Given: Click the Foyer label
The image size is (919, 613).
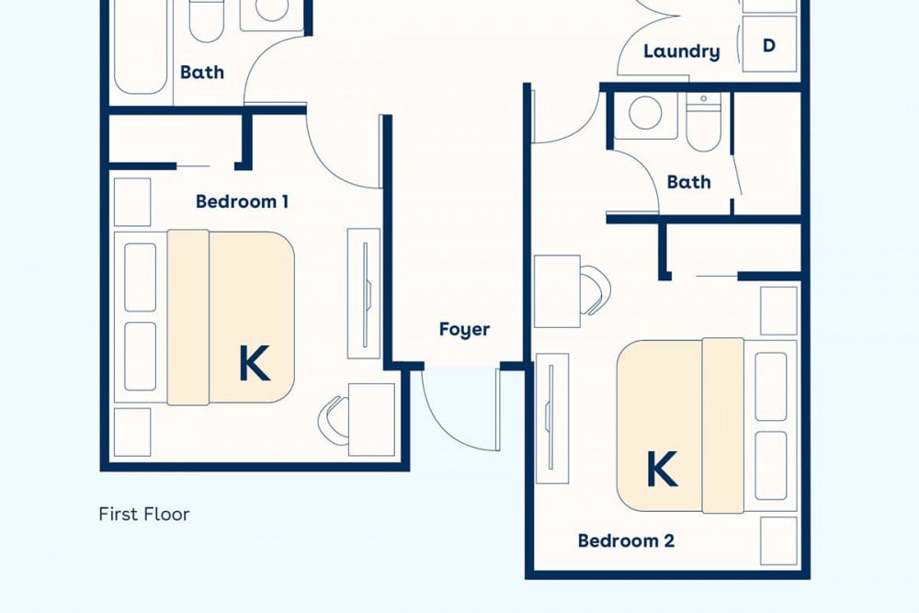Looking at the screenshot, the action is (x=464, y=329).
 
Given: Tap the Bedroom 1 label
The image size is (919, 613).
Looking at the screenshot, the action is (x=242, y=201).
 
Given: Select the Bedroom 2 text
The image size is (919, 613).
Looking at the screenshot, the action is (x=626, y=540).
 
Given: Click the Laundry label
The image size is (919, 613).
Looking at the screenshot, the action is (x=682, y=51).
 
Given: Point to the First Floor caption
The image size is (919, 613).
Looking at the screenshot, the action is (x=144, y=514).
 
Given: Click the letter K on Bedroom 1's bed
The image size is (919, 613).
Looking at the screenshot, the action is (x=255, y=363).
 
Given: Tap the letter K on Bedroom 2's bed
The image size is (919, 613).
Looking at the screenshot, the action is (x=663, y=469).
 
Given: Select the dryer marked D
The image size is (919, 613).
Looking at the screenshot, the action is (x=769, y=44).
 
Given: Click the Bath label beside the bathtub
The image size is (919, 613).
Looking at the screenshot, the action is (x=202, y=72).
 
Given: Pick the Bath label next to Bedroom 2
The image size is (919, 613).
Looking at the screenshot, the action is (x=688, y=182).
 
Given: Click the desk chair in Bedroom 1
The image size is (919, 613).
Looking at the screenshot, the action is (x=332, y=420).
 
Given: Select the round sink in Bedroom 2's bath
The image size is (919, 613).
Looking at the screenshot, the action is (x=645, y=114).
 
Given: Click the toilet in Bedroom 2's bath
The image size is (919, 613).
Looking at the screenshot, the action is (x=703, y=123).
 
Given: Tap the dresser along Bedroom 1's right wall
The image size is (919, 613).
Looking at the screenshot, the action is (x=364, y=293).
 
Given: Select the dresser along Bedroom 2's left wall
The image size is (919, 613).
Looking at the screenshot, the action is (x=552, y=418).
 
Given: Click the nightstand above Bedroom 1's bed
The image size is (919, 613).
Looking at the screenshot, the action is (x=131, y=201).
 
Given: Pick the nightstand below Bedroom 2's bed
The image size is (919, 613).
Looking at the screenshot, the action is (x=779, y=541).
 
